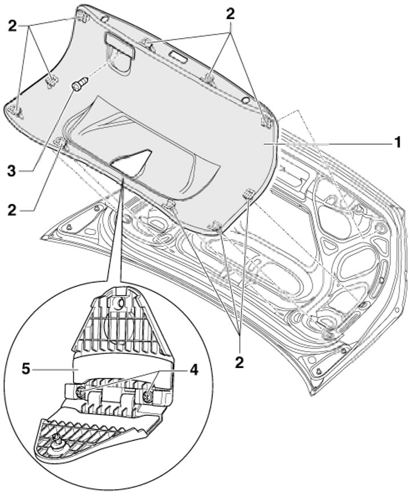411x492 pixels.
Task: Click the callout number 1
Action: (397, 143)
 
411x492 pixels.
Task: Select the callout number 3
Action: (11, 171)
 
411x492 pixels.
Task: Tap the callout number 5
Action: (26, 370)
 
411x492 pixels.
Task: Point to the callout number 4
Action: (194, 370)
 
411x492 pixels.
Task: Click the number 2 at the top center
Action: (230, 14)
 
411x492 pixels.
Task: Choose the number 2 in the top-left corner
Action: (12, 26)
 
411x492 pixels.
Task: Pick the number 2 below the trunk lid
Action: (239, 363)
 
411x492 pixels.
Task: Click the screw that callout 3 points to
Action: (80, 84)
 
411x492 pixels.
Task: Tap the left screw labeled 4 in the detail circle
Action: (80, 391)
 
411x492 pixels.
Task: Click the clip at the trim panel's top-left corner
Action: (82, 17)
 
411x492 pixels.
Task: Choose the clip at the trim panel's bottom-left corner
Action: (17, 111)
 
